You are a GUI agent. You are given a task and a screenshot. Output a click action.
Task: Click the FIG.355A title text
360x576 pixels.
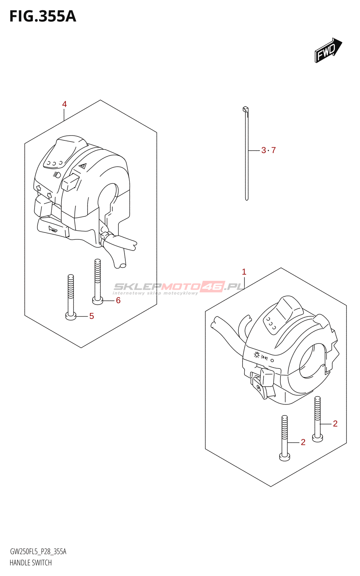(x=42, y=17)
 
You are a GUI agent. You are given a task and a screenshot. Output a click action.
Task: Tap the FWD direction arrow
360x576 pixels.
(x=328, y=51)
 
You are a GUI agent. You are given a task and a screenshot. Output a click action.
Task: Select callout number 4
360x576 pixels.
(x=64, y=104)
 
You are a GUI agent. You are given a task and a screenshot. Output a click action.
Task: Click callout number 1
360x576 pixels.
(x=244, y=272)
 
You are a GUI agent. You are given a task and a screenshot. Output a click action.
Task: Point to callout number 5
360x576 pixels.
(x=91, y=316)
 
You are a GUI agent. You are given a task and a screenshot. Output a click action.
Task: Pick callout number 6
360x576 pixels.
(x=118, y=300)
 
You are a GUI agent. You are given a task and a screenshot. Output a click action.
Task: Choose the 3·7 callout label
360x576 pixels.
(x=269, y=150)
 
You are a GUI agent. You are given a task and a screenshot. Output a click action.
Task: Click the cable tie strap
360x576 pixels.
(x=247, y=155)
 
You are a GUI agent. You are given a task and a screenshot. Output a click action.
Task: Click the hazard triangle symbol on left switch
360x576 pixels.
(x=82, y=166)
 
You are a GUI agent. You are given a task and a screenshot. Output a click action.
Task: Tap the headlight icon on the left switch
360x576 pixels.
(x=57, y=175)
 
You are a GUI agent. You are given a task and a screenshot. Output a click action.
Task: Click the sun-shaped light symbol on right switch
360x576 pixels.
(x=256, y=355)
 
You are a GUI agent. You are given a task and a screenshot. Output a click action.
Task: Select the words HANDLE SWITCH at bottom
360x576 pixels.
(x=31, y=563)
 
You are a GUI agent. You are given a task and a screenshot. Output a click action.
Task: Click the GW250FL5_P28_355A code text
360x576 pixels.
(x=38, y=552)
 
